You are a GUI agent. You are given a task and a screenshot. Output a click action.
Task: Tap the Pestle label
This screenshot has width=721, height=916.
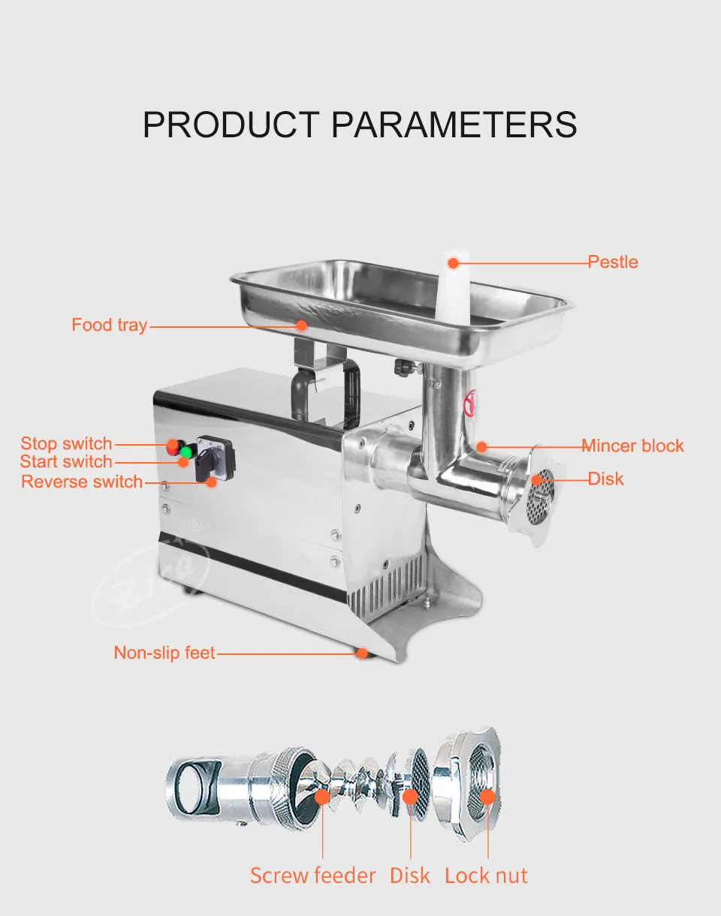[x=613, y=263]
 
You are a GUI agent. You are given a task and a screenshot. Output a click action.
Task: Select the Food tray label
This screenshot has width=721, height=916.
[x=110, y=325]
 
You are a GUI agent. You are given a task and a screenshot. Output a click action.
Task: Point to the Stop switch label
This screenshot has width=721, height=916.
[x=66, y=443]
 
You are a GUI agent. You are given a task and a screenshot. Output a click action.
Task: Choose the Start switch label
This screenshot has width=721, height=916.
[x=66, y=461]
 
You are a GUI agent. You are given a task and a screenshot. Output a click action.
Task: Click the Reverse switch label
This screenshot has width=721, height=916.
[x=82, y=482]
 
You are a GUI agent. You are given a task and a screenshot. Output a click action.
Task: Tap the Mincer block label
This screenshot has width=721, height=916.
[x=633, y=446]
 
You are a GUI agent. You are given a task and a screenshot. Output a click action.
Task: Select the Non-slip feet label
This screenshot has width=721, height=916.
[x=164, y=653]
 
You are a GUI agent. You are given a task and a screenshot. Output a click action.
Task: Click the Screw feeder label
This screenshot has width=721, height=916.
[x=313, y=875]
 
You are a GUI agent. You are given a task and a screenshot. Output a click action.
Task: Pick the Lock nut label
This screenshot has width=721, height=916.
[x=486, y=875]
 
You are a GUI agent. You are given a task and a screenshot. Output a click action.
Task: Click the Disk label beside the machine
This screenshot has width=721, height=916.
[x=605, y=479]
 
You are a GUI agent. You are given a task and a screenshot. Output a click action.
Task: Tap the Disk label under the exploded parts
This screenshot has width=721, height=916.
[x=410, y=875]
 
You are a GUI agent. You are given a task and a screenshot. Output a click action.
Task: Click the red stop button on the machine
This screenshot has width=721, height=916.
[x=173, y=445]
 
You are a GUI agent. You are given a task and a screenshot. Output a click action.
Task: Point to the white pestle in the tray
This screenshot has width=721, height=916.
[x=451, y=289]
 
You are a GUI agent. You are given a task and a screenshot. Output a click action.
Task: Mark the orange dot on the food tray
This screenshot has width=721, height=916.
[x=302, y=325]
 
